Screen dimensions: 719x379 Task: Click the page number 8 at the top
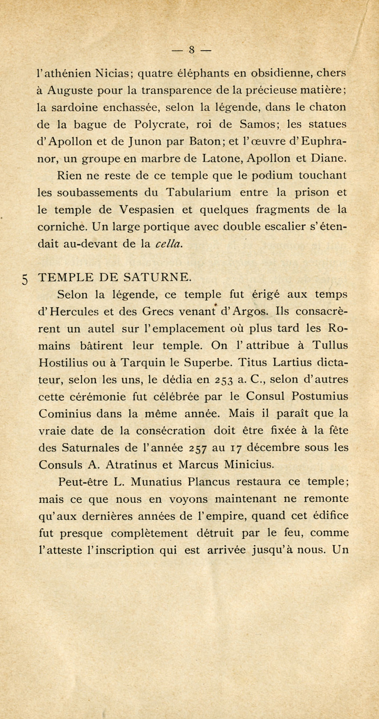[191, 50]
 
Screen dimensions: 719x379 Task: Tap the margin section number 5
[24, 279]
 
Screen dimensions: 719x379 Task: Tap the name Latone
[223, 158]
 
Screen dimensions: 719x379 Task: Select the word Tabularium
[199, 192]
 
